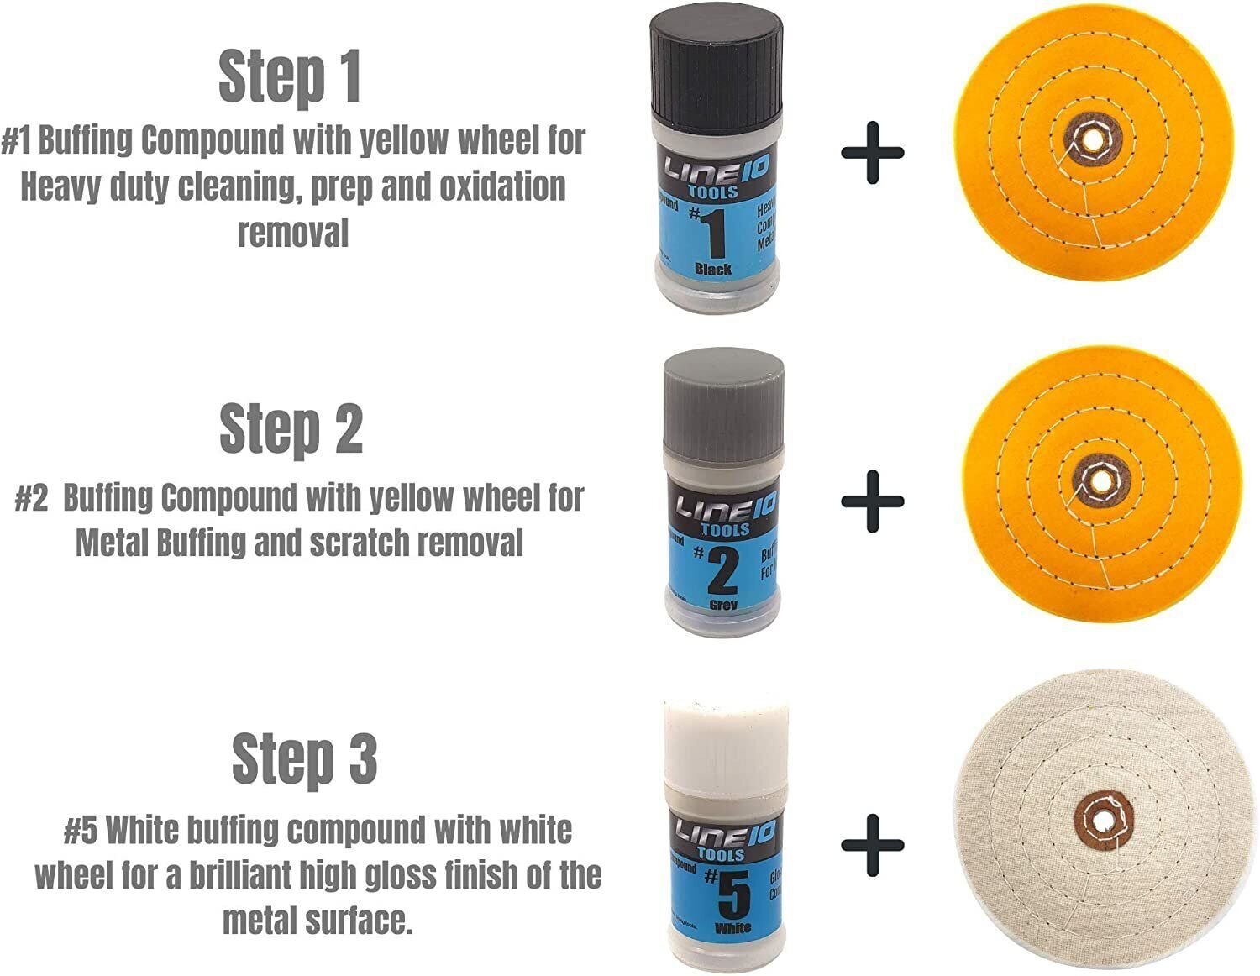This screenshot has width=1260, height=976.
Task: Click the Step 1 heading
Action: (290, 76)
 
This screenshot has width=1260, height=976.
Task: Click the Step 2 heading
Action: (291, 428)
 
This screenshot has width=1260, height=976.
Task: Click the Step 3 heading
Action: (304, 758)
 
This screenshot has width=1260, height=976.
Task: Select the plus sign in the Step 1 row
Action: (873, 153)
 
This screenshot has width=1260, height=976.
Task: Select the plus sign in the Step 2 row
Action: (873, 501)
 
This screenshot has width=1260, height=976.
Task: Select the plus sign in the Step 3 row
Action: (873, 844)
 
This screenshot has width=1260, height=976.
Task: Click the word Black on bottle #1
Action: (713, 270)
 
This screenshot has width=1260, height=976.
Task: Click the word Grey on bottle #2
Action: (722, 604)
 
